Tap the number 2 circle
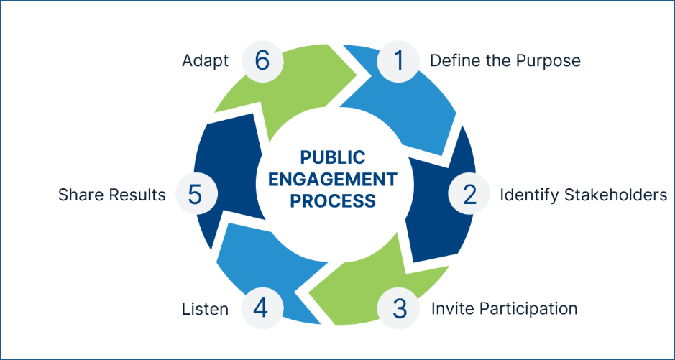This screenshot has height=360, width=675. click(469, 195)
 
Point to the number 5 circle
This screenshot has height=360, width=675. click(193, 195)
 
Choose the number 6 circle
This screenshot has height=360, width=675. click(262, 61)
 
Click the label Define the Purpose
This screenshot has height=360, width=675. click(505, 61)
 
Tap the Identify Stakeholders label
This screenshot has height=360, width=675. click(583, 195)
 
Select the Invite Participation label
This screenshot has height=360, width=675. click(504, 309)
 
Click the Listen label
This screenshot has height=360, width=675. click(205, 309)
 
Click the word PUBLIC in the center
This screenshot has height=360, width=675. click(333, 157)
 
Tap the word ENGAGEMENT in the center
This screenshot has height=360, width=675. click(333, 179)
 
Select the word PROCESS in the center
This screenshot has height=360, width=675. click(333, 200)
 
